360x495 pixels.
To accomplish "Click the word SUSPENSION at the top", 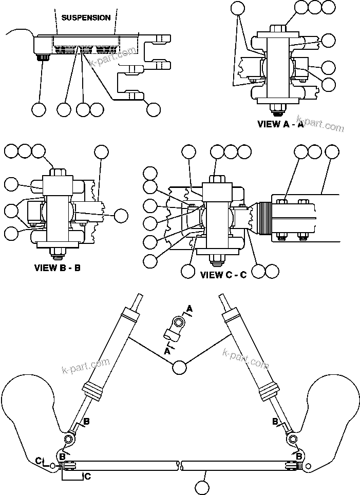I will tap(86, 17).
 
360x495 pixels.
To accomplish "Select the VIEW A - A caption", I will tap(280, 124).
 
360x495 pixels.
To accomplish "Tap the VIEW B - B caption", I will tap(57, 268).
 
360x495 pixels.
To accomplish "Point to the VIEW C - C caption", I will tap(223, 275).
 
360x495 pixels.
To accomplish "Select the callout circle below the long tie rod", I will tap(203, 485).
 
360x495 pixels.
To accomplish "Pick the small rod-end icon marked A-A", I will tap(174, 329).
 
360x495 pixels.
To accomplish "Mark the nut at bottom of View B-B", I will tap(58, 252).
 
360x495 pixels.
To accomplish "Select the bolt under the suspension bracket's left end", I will tap(40, 60).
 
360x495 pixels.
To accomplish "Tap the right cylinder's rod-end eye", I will tap(292, 439).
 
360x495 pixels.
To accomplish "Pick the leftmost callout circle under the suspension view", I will tap(39, 109).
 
